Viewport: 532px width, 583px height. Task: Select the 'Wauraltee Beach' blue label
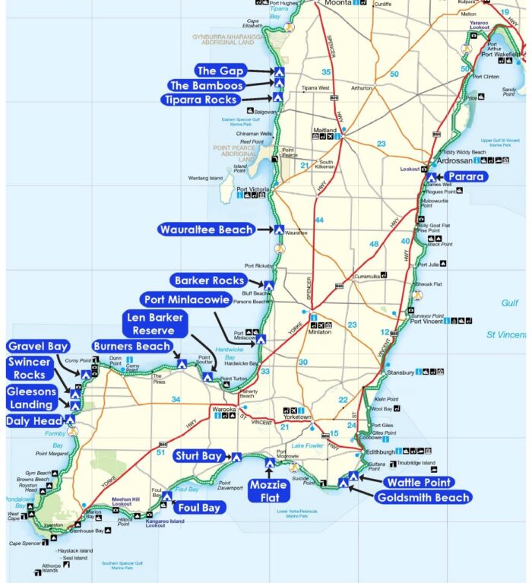click(x=206, y=230)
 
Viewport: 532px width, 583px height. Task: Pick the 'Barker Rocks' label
click(x=210, y=280)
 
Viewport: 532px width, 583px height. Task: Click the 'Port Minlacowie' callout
click(x=185, y=300)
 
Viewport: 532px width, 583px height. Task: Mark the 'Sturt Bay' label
click(x=198, y=456)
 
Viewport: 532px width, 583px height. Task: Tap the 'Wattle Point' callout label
click(x=419, y=482)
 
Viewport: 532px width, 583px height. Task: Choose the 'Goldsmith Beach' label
click(x=423, y=498)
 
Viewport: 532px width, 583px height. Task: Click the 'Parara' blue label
click(x=466, y=176)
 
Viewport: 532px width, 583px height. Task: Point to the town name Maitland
click(x=325, y=129)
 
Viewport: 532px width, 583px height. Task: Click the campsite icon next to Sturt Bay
click(x=236, y=457)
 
